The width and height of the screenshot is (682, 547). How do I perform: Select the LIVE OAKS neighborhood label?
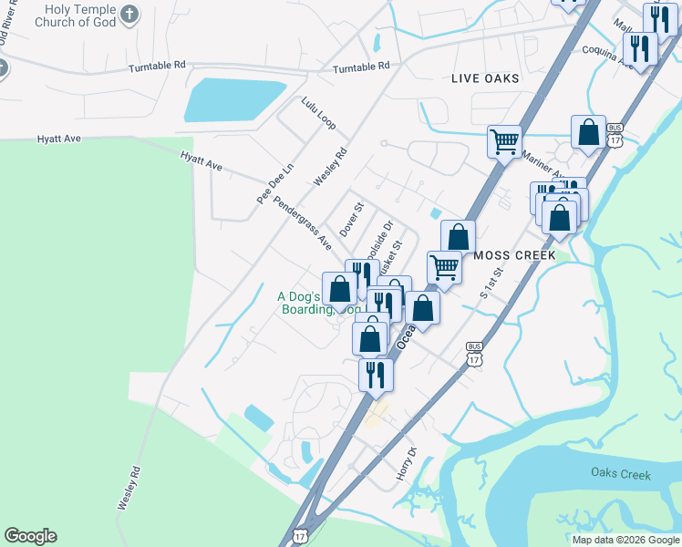click(485, 78)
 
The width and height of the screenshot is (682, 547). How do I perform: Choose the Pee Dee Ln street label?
click(275, 183)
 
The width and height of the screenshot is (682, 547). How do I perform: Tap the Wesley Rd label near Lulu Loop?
click(331, 168)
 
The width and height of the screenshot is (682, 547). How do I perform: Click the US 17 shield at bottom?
click(299, 536)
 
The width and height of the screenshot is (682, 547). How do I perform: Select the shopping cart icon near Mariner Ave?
click(504, 141)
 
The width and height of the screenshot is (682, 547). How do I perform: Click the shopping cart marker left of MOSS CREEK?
click(444, 267)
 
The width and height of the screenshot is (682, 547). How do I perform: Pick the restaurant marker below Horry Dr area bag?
click(375, 374)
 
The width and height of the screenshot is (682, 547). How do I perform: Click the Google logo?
click(30, 536)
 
